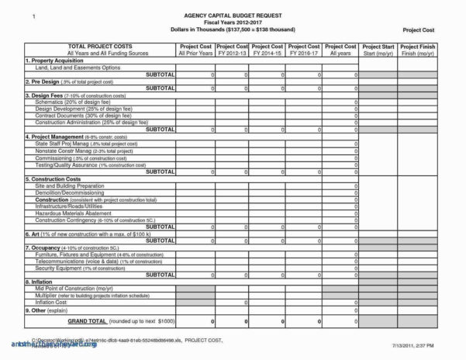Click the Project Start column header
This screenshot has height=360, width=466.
[379, 47]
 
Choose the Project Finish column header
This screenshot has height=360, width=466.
[419, 47]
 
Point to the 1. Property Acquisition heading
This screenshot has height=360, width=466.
[57, 60]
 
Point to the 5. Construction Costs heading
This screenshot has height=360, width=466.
[58, 178]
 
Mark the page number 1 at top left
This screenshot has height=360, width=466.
[32, 16]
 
